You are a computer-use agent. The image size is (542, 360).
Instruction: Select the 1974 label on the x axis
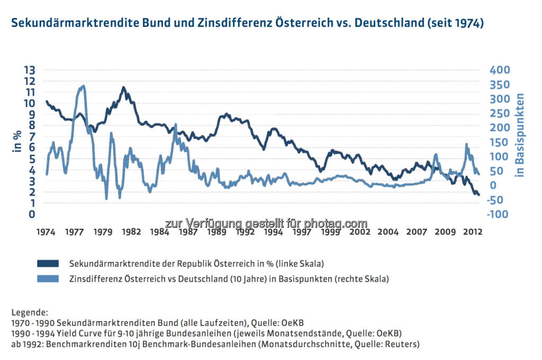pos(47,232)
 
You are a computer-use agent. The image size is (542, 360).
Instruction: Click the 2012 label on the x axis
pos(473,232)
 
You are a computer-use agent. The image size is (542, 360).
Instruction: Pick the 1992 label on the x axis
pos(245,232)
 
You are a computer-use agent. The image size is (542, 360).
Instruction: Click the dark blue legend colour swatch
pos(50,263)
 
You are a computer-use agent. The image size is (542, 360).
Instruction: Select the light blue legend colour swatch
pos(50,278)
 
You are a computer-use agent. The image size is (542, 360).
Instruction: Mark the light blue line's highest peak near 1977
pos(83,86)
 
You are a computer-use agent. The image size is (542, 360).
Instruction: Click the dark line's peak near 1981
pos(123,88)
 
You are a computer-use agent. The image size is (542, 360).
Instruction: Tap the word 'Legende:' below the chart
pos(29,312)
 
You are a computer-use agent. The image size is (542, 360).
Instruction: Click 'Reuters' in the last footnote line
pos(402,344)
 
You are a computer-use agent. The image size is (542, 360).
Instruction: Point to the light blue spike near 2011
pos(466,144)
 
